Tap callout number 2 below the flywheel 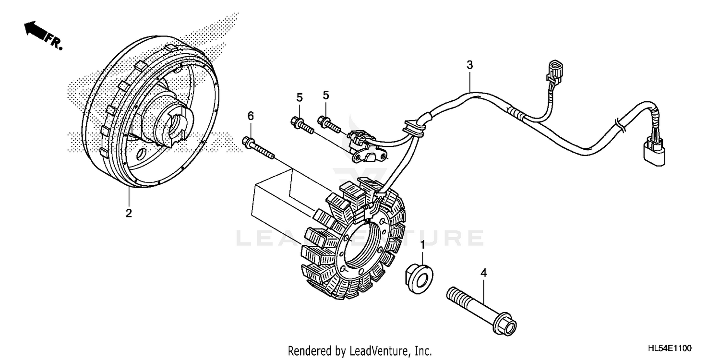tap(129, 213)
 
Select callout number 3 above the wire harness tap(470, 65)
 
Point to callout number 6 tap(250, 116)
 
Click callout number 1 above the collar tap(422, 245)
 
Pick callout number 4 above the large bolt tap(484, 273)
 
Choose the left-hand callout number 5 tap(300, 97)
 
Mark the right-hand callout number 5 tap(326, 95)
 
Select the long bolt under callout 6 tap(258, 147)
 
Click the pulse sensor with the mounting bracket tap(367, 146)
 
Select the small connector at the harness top tap(553, 71)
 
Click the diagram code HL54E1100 tap(671, 347)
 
